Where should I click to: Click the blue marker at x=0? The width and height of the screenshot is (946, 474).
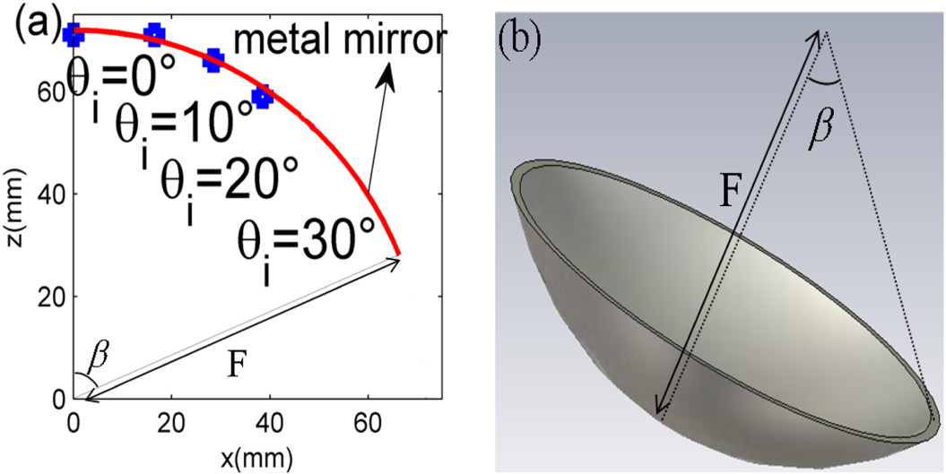tap(74, 33)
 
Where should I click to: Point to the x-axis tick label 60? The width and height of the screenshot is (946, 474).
tap(368, 420)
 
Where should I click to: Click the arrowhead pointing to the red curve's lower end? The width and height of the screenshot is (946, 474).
tap(395, 259)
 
